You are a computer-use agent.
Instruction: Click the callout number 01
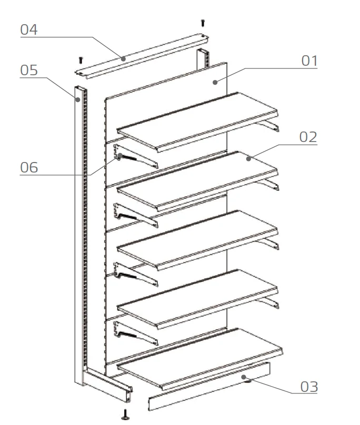[309, 60]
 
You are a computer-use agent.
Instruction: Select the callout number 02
[308, 137]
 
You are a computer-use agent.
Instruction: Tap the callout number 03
[309, 387]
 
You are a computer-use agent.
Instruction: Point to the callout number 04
[29, 29]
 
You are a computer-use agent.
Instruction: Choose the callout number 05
[29, 70]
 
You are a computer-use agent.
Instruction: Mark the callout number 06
[29, 167]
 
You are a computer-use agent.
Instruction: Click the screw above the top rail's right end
[203, 23]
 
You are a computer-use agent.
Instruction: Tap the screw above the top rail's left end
[81, 60]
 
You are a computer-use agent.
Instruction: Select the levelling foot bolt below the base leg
[125, 414]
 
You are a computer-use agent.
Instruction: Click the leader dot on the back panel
[215, 82]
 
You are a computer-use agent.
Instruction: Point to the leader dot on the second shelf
[248, 158]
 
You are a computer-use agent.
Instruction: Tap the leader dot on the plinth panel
[244, 377]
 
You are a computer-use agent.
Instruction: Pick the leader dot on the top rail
[123, 58]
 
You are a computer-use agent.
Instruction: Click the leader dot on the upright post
[78, 100]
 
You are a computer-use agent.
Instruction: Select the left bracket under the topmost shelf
[136, 156]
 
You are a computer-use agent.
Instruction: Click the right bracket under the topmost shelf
[268, 126]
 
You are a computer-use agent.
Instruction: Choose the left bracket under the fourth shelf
[136, 333]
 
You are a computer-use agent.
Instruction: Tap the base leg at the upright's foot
[107, 385]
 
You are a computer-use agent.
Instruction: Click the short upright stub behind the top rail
[203, 59]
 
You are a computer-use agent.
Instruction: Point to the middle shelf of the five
[198, 240]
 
